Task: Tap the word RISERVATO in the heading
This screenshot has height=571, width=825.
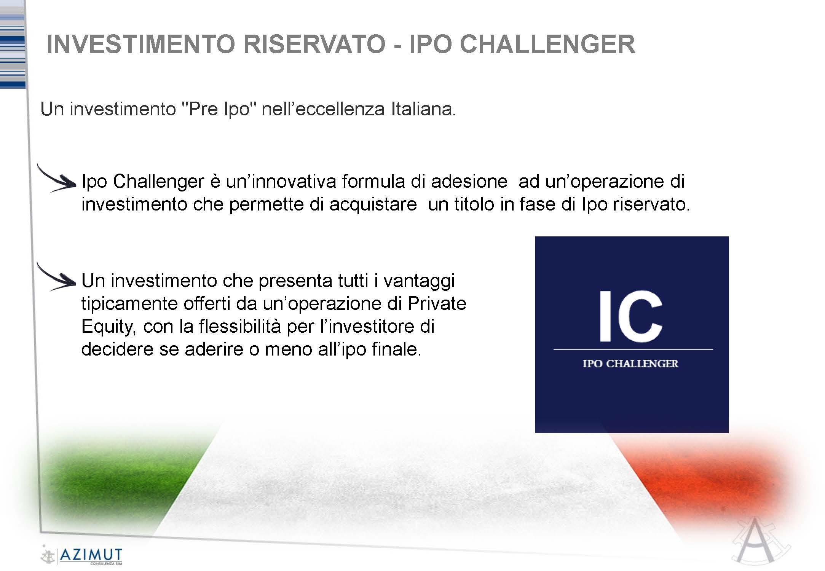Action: click(314, 44)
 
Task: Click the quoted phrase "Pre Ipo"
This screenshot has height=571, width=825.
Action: click(219, 109)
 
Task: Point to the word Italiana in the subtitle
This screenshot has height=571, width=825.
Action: click(423, 109)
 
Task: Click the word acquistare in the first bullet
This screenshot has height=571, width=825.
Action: click(373, 205)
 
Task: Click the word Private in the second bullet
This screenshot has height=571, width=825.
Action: click(437, 304)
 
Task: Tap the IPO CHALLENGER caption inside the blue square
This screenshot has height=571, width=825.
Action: click(630, 364)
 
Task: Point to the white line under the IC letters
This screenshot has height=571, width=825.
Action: click(633, 349)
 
